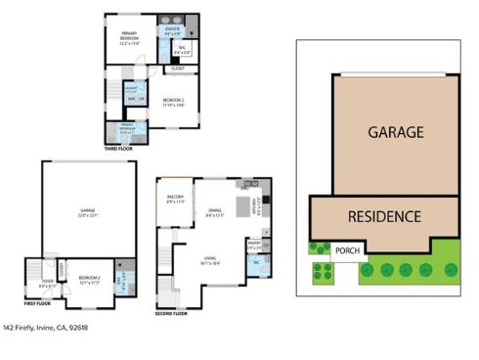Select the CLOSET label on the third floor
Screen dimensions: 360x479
pyautogui.click(x=177, y=68)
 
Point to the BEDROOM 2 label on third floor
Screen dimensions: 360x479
pyautogui.click(x=174, y=102)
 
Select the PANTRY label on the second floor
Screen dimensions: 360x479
pyautogui.click(x=253, y=244)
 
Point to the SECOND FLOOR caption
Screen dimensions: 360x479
pyautogui.click(x=172, y=314)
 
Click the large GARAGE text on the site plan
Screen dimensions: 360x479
pyautogui.click(x=395, y=131)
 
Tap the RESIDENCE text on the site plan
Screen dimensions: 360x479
pyautogui.click(x=384, y=216)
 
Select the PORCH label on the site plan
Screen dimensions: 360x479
pyautogui.click(x=347, y=249)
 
